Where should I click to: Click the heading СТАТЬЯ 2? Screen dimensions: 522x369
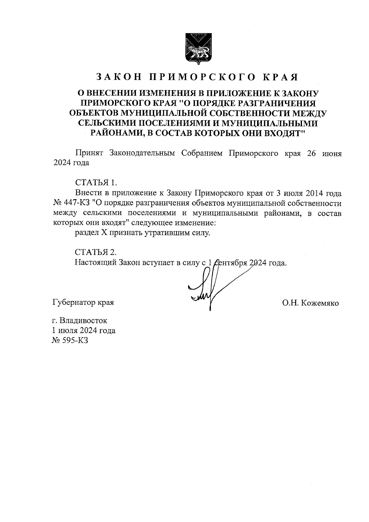coord(96,252)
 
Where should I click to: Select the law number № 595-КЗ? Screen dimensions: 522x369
coord(70,341)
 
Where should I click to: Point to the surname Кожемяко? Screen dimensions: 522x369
coord(320,303)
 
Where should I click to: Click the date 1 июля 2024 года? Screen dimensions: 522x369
coord(84,331)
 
